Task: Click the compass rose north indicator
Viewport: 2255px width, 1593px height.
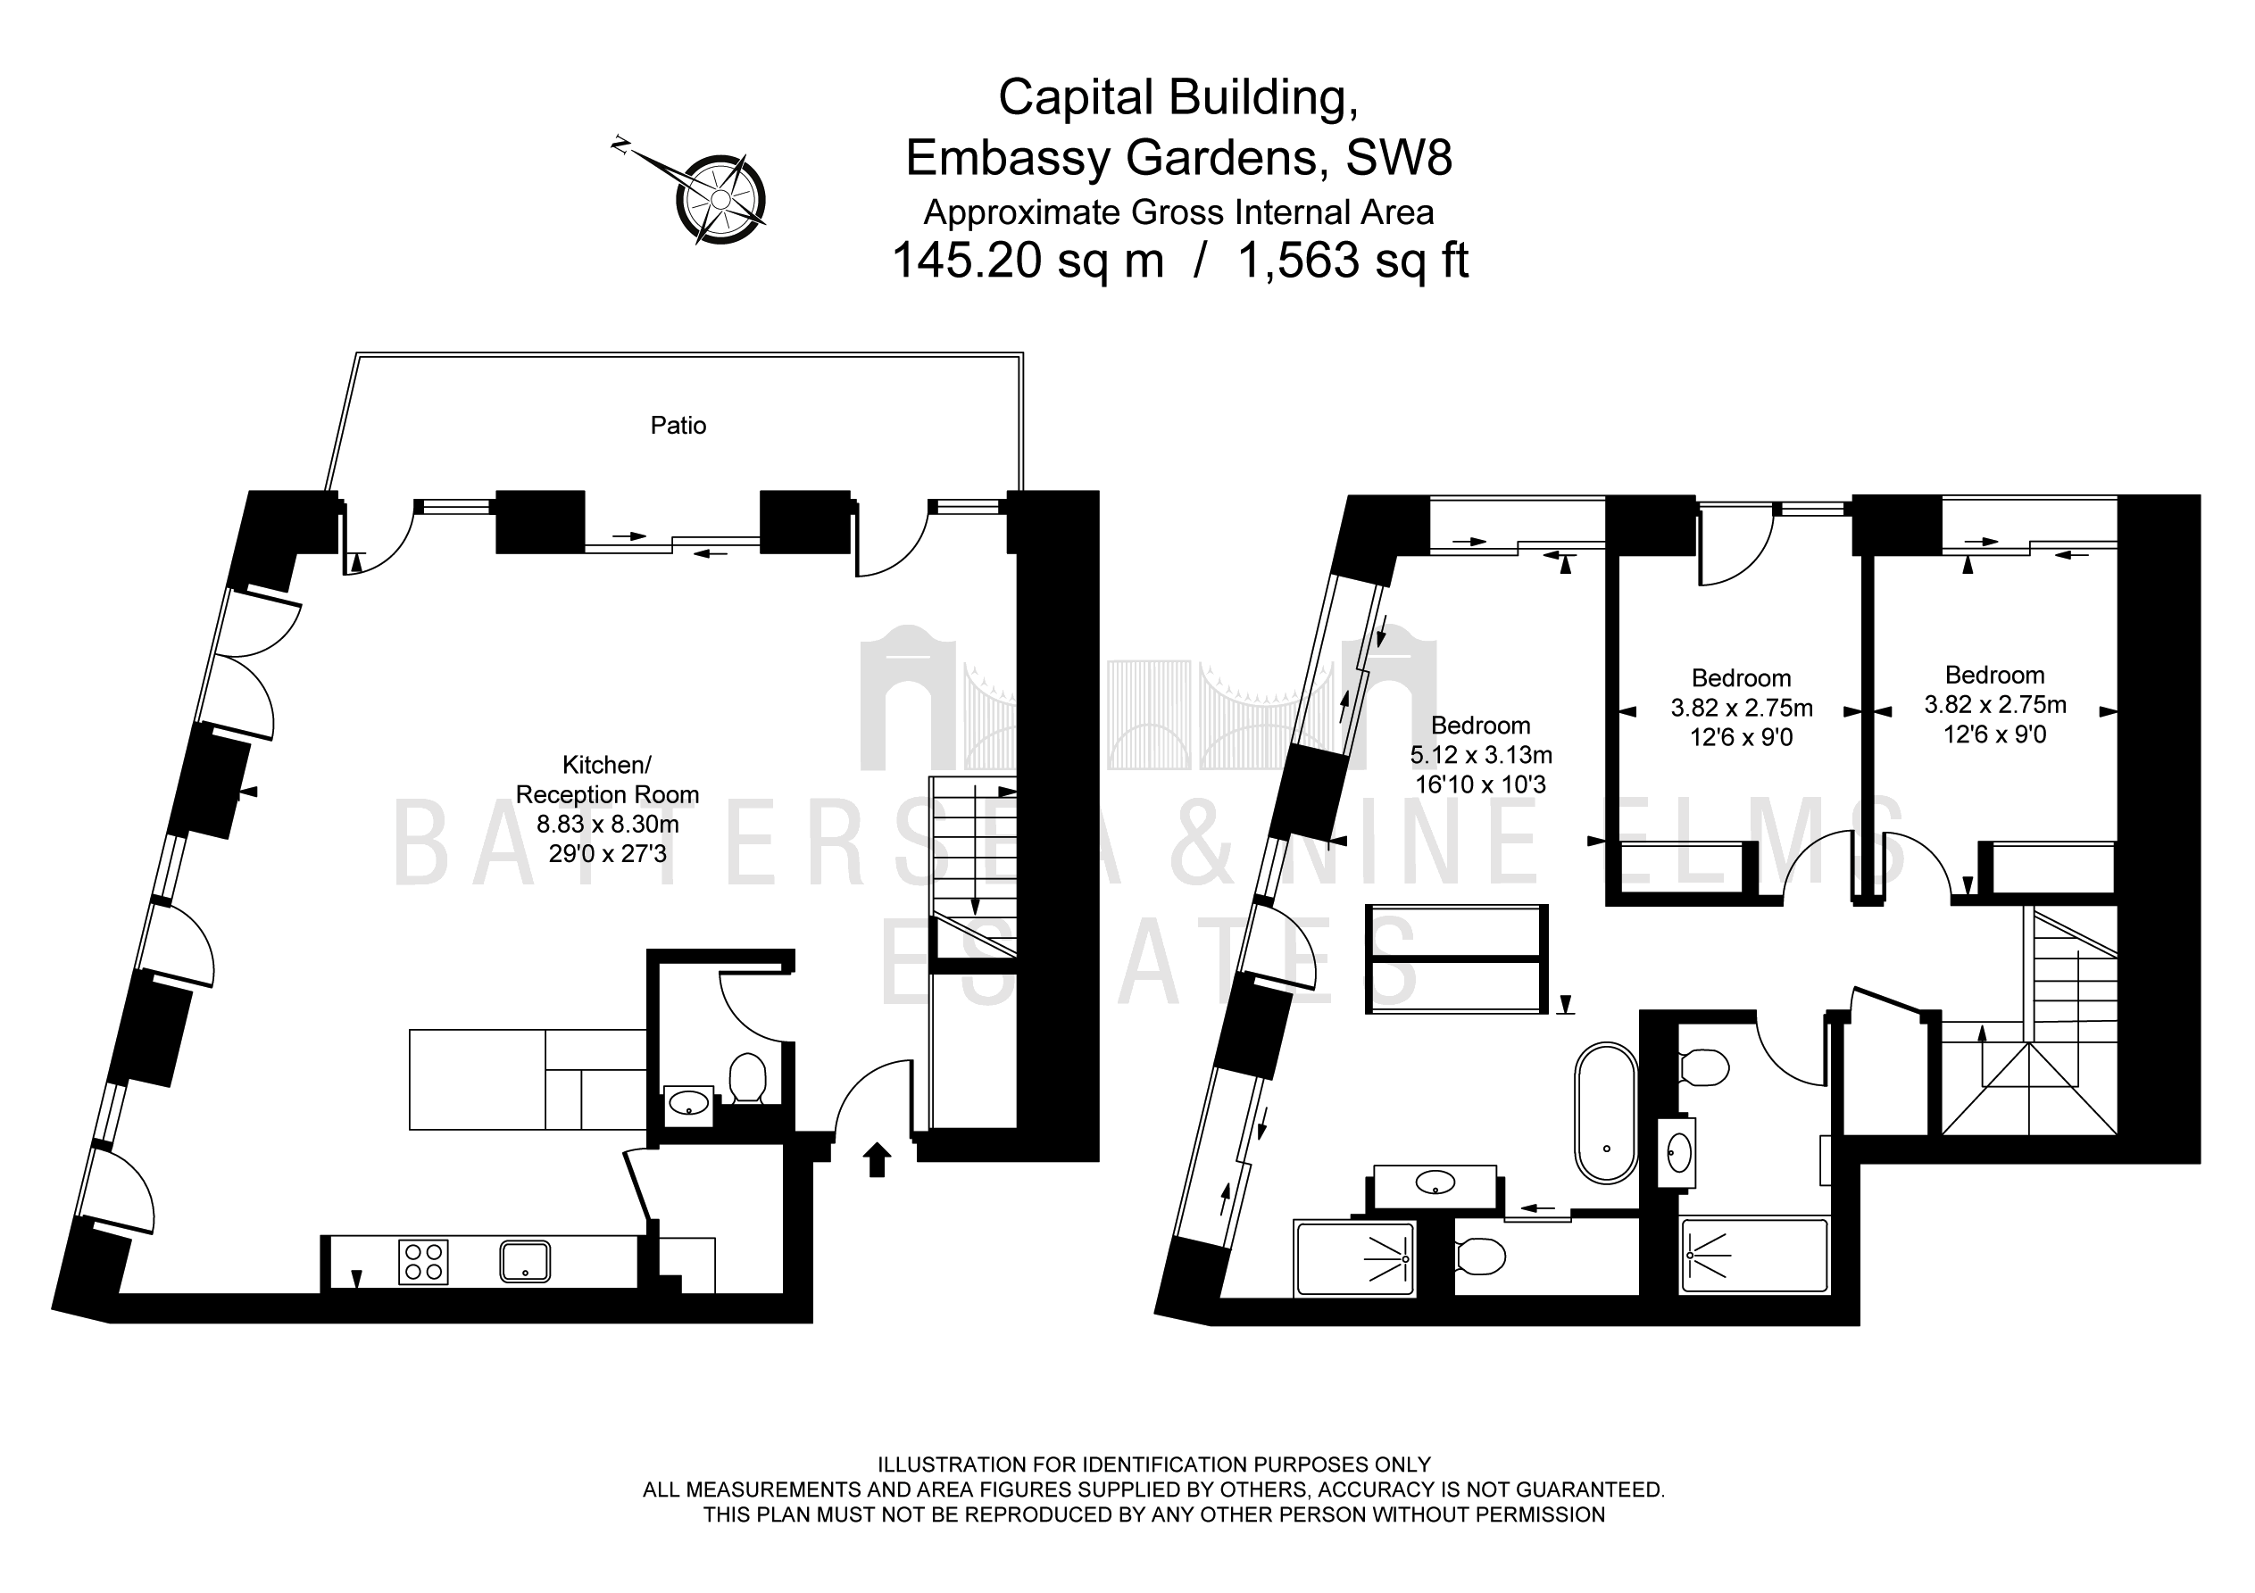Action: [x=620, y=145]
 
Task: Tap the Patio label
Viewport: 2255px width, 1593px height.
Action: [x=678, y=426]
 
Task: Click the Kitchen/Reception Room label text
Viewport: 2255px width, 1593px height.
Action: [x=607, y=780]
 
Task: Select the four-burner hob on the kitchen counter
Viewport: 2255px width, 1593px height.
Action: [x=423, y=1262]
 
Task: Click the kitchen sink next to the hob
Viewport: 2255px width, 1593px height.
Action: [x=524, y=1262]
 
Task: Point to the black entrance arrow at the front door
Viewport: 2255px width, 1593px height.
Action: [x=876, y=1160]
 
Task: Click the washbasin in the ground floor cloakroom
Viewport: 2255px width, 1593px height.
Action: [x=688, y=1106]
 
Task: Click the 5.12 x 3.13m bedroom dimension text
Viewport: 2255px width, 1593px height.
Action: [x=1481, y=755]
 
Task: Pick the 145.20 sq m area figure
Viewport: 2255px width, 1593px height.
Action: [x=1028, y=261]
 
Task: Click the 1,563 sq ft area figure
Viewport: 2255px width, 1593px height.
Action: [x=1352, y=261]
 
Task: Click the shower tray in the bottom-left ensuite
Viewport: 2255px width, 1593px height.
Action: [x=1355, y=1258]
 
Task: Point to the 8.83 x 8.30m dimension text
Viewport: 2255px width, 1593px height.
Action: [x=607, y=824]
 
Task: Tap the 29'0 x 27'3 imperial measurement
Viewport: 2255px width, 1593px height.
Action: [x=607, y=853]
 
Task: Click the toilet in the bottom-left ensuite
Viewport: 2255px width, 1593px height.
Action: [x=1480, y=1255]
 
